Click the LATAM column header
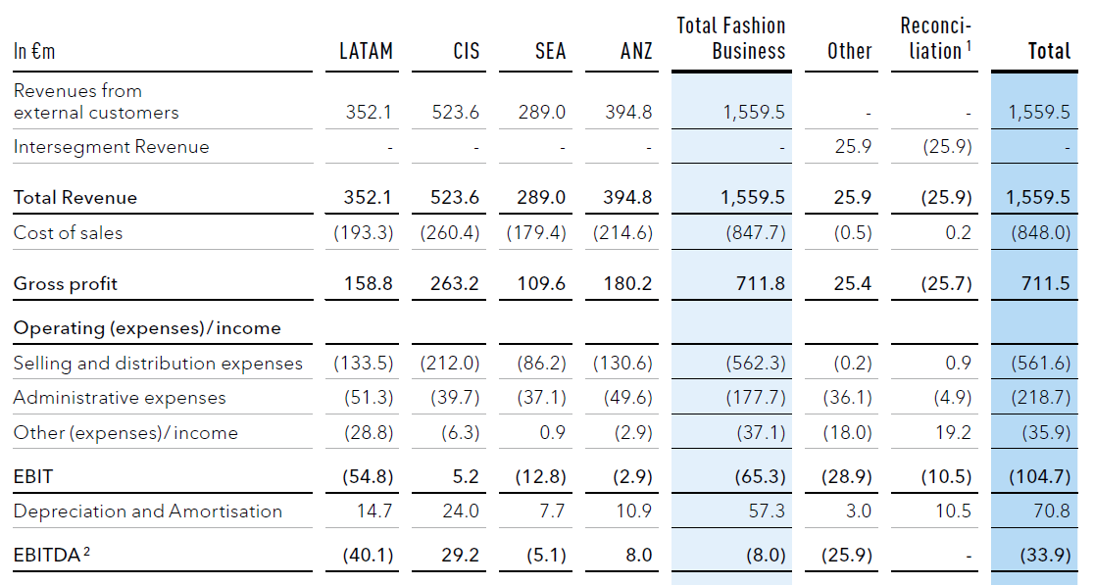point(366,51)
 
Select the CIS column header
point(467,51)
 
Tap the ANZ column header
point(636,51)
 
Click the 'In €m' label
point(34,52)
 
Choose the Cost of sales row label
point(68,233)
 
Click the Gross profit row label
point(65,284)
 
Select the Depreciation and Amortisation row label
point(147,512)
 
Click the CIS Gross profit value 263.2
point(455,284)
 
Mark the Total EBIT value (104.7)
point(1039,477)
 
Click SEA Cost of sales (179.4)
point(536,233)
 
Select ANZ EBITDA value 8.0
point(637,555)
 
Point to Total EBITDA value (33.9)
point(1045,555)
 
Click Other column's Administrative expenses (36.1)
point(846,398)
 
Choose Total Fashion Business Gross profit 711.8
point(761,284)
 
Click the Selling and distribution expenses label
point(158,364)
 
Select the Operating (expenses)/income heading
point(147,328)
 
